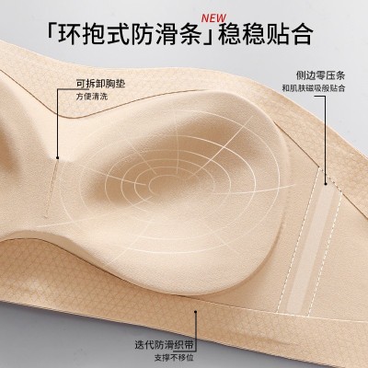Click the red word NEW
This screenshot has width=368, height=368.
[x=213, y=17]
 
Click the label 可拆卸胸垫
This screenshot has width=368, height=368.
[x=100, y=84]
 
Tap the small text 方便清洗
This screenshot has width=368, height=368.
[x=92, y=97]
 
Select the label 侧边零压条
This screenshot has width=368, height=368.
[x=320, y=75]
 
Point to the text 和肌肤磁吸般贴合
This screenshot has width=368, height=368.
[x=314, y=88]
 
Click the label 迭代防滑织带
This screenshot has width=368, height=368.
[x=165, y=344]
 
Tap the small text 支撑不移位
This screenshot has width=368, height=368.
[x=174, y=358]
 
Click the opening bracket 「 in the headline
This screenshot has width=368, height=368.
[x=52, y=34]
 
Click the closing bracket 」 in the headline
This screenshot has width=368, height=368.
[x=209, y=34]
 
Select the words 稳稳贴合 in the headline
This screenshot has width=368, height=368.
[x=266, y=34]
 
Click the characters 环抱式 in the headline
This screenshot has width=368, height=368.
[x=93, y=34]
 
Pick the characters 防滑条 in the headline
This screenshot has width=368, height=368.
[x=166, y=34]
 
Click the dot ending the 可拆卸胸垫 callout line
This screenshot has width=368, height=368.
[x=57, y=157]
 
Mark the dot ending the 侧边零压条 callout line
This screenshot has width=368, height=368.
[x=326, y=184]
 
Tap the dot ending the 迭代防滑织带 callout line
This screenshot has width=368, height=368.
[x=195, y=312]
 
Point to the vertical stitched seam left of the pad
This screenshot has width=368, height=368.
[x=52, y=190]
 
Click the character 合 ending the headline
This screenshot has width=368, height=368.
[x=302, y=34]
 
